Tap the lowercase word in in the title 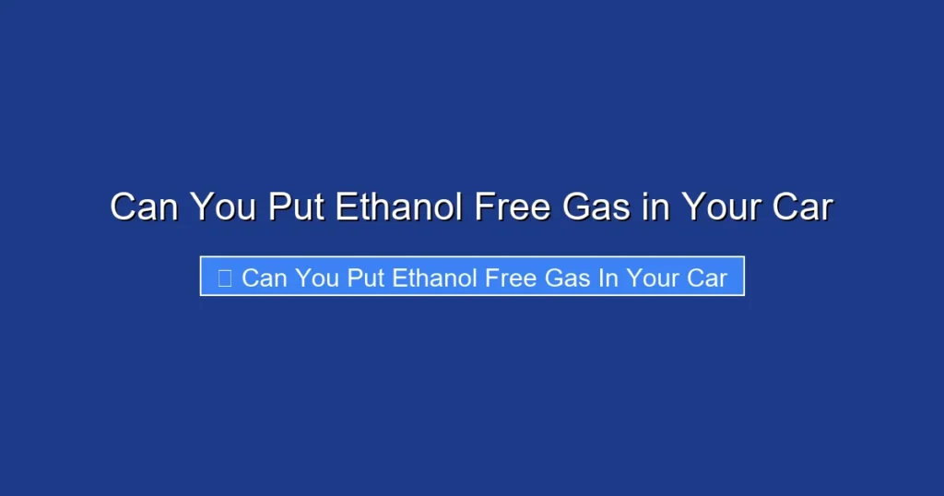(x=655, y=207)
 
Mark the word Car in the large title (x=801, y=207)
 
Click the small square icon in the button (x=224, y=278)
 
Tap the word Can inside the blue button (x=265, y=278)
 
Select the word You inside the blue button (x=318, y=278)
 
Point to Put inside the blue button (x=366, y=278)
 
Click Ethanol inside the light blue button (x=435, y=278)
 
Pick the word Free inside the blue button (x=511, y=278)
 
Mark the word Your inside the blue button (x=652, y=278)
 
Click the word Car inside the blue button (x=707, y=278)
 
